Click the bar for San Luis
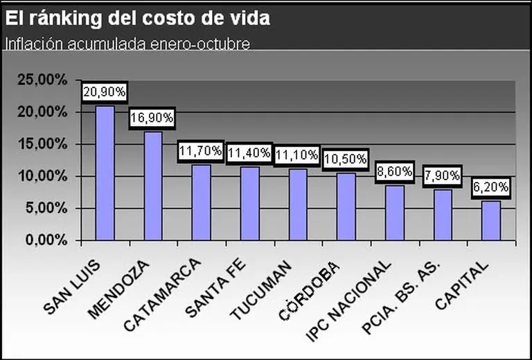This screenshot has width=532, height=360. (x=105, y=173)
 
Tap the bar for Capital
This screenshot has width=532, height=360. (x=490, y=220)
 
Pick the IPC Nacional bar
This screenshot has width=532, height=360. (x=394, y=213)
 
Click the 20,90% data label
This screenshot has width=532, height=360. (x=105, y=91)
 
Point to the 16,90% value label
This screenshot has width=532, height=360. (x=152, y=118)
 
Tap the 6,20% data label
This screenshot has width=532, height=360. (x=490, y=187)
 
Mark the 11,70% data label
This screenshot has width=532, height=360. (x=201, y=150)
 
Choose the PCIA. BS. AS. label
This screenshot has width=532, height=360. (x=405, y=291)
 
